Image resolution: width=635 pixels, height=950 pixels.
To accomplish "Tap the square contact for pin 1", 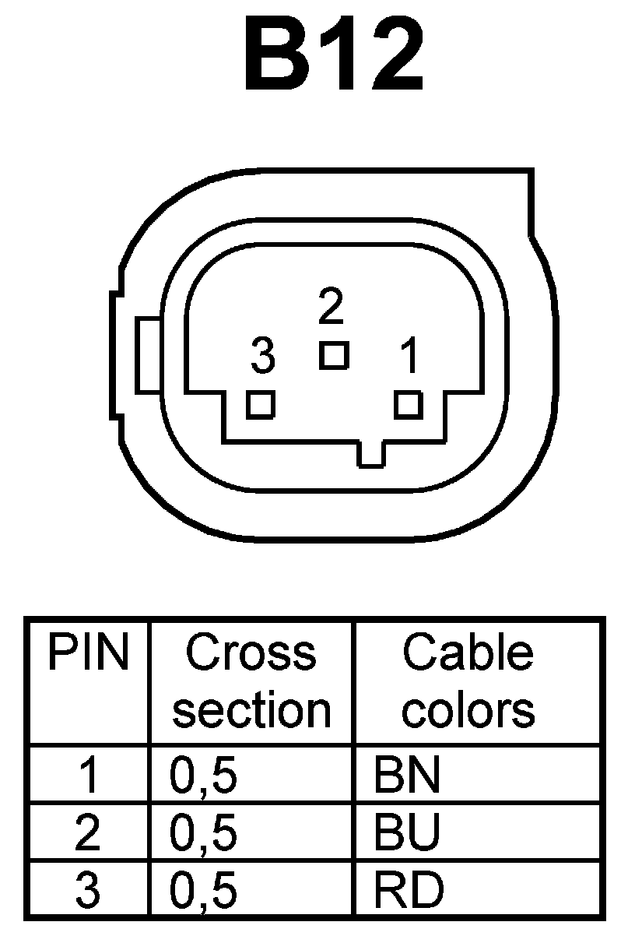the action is tap(409, 405).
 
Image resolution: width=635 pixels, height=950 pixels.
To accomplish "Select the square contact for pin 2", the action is tap(334, 355).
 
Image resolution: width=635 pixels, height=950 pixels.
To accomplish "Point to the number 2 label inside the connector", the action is tap(332, 306).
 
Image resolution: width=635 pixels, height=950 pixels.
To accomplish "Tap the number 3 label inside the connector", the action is tap(263, 357).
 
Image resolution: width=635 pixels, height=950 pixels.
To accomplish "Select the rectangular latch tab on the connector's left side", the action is tap(147, 357).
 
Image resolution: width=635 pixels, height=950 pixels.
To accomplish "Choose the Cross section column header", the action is tap(251, 681).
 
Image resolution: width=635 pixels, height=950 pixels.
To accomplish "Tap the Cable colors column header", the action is tap(468, 681).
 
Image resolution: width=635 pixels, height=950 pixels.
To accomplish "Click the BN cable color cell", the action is tap(407, 776).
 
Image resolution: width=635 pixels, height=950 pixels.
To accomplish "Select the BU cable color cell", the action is tap(407, 832).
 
